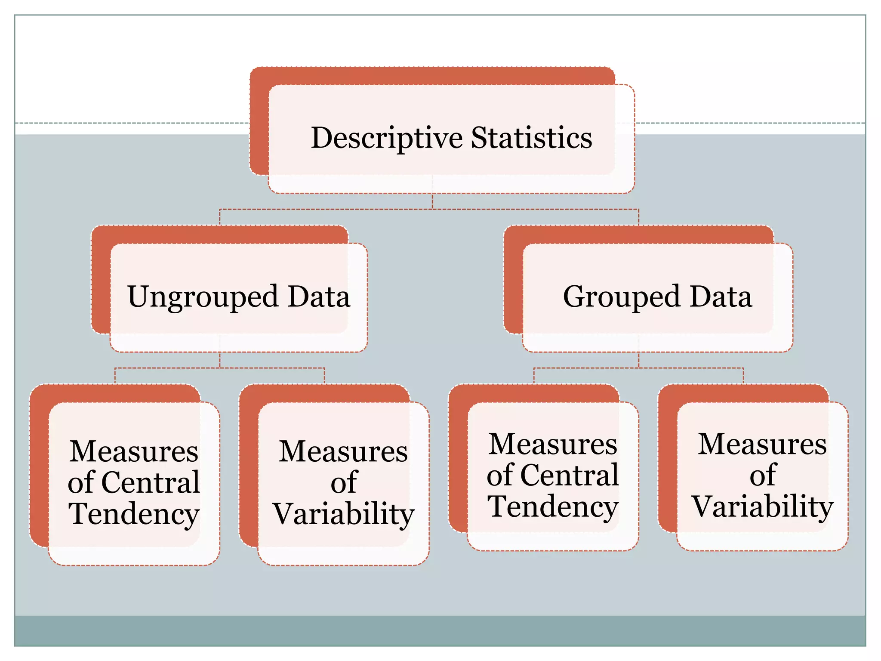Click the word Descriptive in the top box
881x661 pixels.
pyautogui.click(x=387, y=138)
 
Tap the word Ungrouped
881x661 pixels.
pyautogui.click(x=203, y=297)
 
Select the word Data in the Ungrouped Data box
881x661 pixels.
pyautogui.click(x=319, y=297)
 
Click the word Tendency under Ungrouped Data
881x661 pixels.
pyautogui.click(x=134, y=514)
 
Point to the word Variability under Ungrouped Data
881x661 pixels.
pyautogui.click(x=343, y=514)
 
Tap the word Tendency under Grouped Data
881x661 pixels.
pyautogui.click(x=553, y=507)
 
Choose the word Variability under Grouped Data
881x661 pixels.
pyautogui.click(x=762, y=507)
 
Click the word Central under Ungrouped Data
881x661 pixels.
pyautogui.click(x=151, y=482)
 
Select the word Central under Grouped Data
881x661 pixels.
pyautogui.click(x=570, y=475)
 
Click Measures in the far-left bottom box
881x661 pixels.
pyautogui.click(x=134, y=451)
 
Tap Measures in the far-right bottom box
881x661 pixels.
pyautogui.click(x=762, y=444)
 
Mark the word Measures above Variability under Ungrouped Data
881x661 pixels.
pyautogui.click(x=343, y=451)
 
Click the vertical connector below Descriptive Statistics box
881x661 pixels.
pyautogui.click(x=432, y=201)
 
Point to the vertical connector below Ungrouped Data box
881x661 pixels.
pyautogui.click(x=220, y=360)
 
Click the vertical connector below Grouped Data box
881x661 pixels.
pyautogui.click(x=638, y=360)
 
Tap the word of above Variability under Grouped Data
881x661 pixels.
pyautogui.click(x=763, y=475)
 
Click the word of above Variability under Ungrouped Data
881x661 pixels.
pyautogui.click(x=344, y=482)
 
